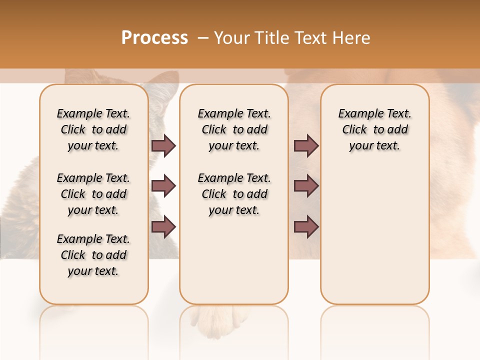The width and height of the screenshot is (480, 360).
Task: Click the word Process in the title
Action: pos(154,38)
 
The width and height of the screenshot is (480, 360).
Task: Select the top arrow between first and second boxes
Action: pos(163,145)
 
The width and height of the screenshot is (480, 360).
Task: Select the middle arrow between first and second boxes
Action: pos(163,186)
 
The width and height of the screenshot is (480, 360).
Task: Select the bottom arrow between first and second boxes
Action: pos(163,226)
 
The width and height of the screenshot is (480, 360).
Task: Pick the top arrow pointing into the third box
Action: pos(306,145)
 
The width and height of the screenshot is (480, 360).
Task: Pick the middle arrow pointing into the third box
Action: pos(306,186)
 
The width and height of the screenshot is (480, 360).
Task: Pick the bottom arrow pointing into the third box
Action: pos(306,226)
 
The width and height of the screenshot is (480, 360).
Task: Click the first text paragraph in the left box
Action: pos(93,129)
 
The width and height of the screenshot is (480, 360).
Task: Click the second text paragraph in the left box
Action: pos(93,194)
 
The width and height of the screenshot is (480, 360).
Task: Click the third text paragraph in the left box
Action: pos(93,255)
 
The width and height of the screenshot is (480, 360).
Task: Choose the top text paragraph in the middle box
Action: pos(234,129)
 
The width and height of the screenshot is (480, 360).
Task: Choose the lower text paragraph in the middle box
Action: pos(234,194)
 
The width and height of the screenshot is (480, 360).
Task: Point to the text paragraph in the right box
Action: pos(375,129)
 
